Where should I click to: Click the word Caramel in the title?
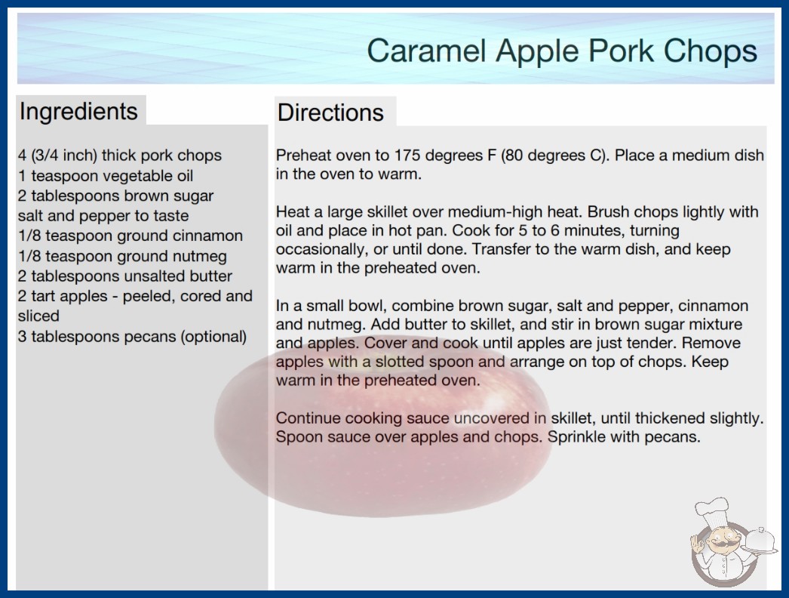click(426, 51)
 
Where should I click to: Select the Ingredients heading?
click(78, 112)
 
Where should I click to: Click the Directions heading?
click(330, 113)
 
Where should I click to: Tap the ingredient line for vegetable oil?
click(105, 176)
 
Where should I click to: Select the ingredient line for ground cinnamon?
click(130, 236)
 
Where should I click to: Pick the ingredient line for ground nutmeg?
click(122, 257)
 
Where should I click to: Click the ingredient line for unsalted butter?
click(124, 276)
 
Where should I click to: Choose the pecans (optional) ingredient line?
click(132, 337)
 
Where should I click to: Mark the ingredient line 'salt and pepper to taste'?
click(103, 216)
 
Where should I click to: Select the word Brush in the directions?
click(608, 211)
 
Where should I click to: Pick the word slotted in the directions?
click(398, 362)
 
